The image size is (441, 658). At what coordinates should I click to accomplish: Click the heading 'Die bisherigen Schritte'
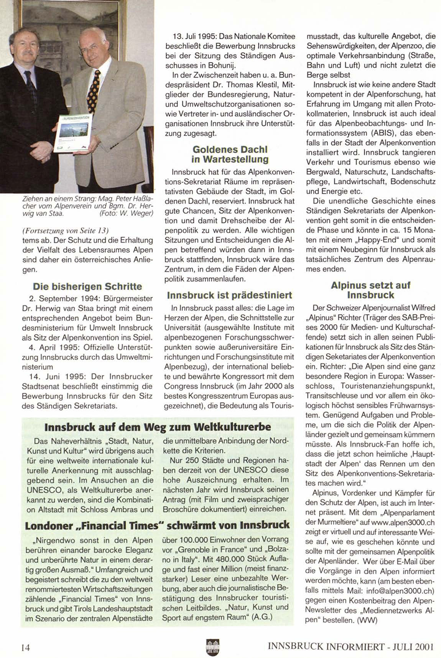coord(87,287)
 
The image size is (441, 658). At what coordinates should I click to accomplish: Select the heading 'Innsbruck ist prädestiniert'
coord(229,295)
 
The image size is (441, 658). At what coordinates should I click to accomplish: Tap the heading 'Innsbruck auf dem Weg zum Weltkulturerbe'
coord(158,427)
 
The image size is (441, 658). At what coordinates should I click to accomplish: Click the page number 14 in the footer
coord(25,647)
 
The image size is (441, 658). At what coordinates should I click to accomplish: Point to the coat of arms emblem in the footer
coord(213,646)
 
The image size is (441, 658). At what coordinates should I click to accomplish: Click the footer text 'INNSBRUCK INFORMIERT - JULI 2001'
coord(350,646)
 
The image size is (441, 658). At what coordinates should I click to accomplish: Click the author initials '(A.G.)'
coord(262,617)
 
